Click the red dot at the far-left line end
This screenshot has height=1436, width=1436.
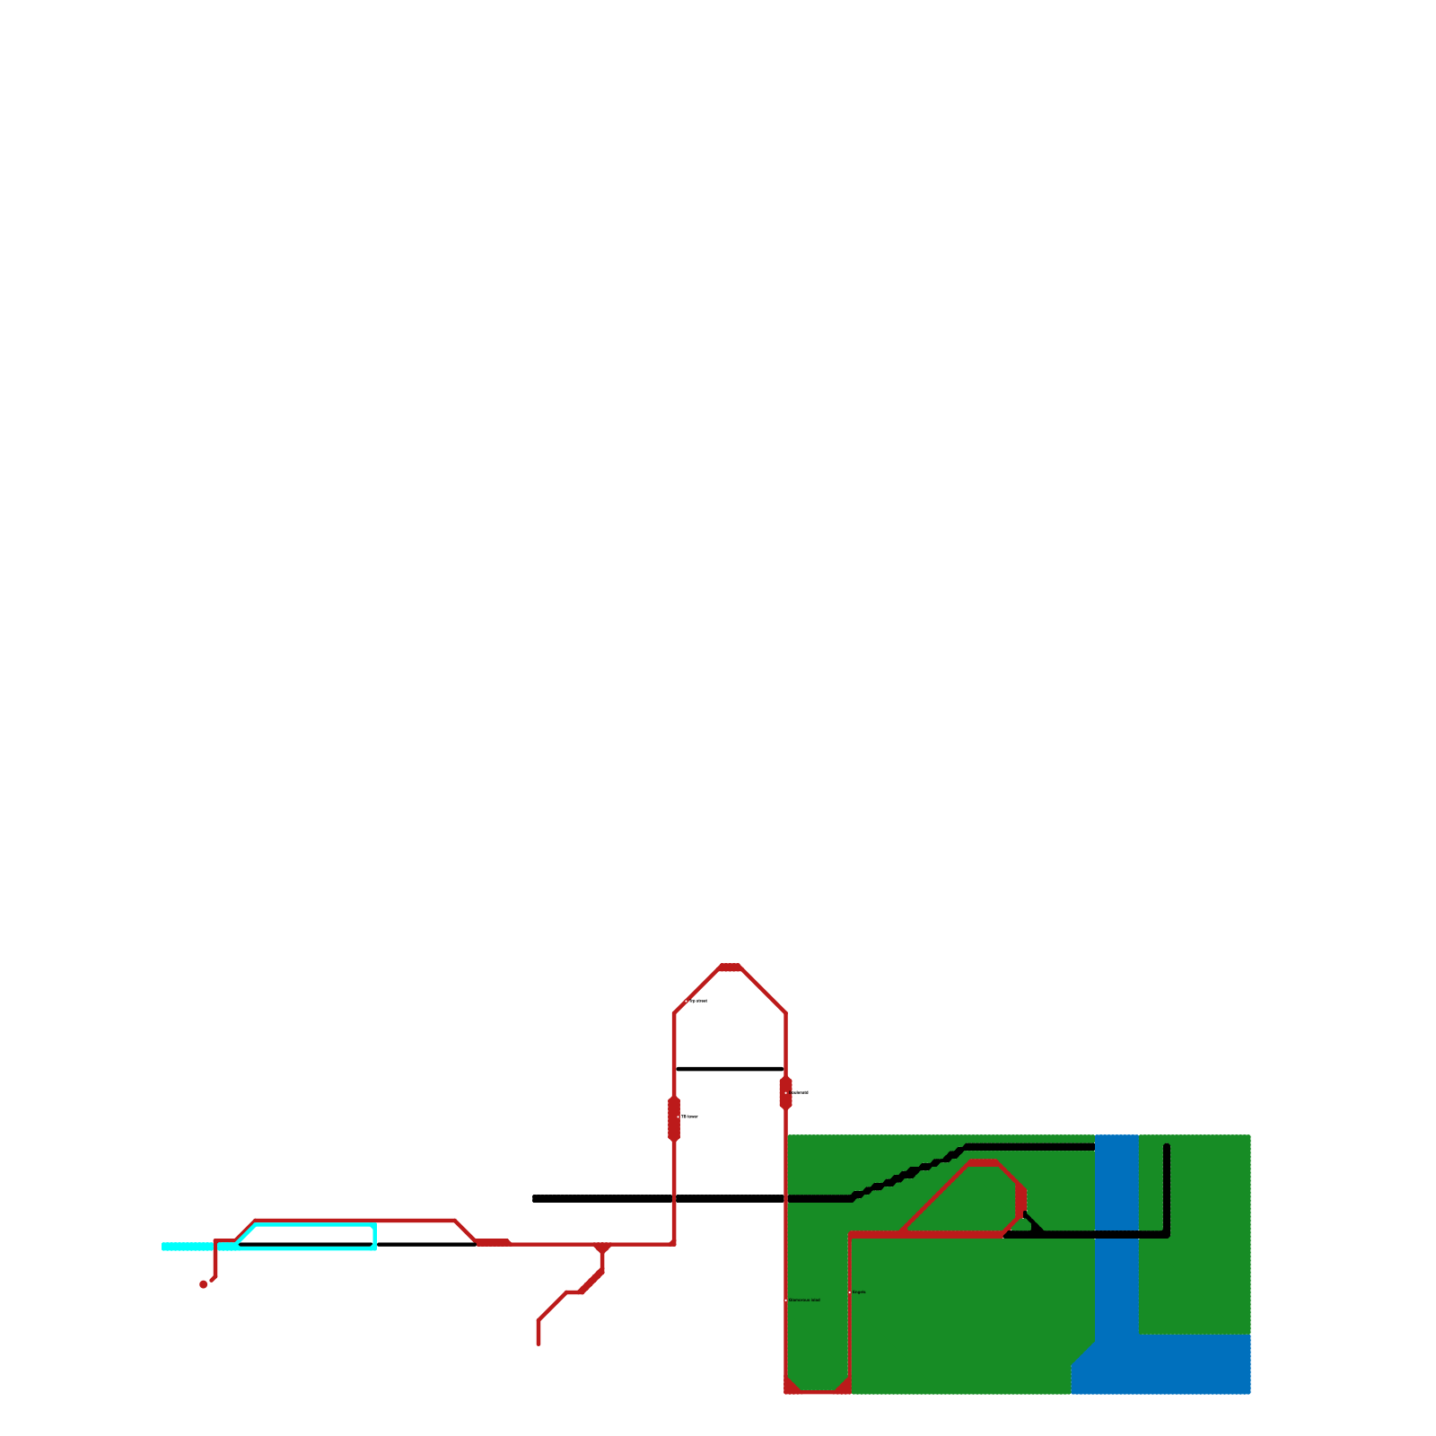click(x=204, y=1284)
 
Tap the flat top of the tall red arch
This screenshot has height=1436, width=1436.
click(x=730, y=968)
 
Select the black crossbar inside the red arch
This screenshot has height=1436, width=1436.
click(x=730, y=1069)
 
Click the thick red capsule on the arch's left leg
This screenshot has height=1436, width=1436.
click(x=674, y=1119)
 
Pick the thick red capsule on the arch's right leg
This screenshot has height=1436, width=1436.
click(x=785, y=1093)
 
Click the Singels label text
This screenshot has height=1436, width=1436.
click(x=860, y=1292)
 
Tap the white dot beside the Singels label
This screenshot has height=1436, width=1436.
click(x=850, y=1292)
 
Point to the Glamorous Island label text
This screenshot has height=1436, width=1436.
click(x=805, y=1300)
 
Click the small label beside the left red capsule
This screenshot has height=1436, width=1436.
click(x=689, y=1116)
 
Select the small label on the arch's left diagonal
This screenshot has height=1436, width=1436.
click(x=697, y=1001)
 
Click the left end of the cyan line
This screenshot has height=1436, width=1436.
click(x=165, y=1247)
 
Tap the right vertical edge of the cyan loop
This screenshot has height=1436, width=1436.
click(x=374, y=1235)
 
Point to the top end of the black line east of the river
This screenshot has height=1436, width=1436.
click(x=1167, y=1147)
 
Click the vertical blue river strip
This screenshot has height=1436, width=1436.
click(x=1116, y=1239)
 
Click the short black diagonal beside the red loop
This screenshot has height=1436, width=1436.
click(x=1033, y=1221)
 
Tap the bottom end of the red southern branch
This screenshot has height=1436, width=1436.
click(x=538, y=1343)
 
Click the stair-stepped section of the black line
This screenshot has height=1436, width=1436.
click(x=906, y=1174)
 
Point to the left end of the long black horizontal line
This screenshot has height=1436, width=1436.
click(x=536, y=1198)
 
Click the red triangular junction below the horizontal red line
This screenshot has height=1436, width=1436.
click(x=602, y=1248)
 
